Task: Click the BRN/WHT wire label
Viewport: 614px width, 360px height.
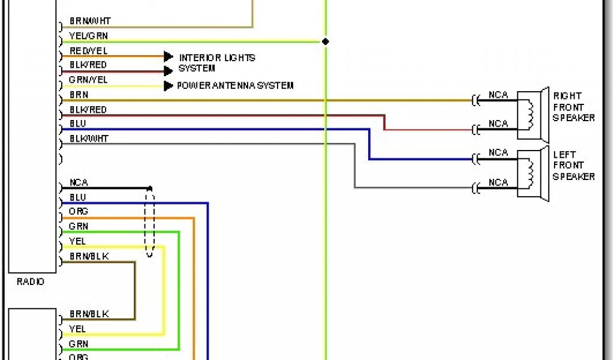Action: click(90, 21)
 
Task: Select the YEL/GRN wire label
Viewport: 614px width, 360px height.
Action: click(88, 35)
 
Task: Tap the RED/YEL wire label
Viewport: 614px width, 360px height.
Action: click(88, 51)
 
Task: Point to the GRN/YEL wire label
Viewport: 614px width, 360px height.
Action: click(88, 80)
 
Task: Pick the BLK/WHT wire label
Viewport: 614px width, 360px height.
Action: click(89, 139)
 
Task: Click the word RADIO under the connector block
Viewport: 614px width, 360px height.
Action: click(30, 281)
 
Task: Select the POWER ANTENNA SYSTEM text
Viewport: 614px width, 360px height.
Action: click(235, 86)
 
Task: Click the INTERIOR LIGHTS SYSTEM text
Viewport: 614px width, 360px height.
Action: click(216, 63)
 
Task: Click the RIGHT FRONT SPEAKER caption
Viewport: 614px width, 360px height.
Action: click(573, 107)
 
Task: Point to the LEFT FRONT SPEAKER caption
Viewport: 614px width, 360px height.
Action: click(573, 165)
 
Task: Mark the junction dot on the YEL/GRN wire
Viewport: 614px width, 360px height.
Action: click(326, 42)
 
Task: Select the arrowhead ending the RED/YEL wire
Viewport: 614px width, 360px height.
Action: click(168, 56)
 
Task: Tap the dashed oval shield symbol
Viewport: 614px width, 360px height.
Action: click(149, 222)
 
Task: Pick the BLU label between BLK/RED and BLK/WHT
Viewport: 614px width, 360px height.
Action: click(78, 124)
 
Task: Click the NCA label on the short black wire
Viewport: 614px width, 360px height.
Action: click(79, 182)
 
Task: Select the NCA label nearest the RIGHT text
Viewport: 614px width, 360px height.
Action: click(498, 95)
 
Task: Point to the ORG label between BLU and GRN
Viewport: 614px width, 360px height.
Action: click(79, 212)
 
